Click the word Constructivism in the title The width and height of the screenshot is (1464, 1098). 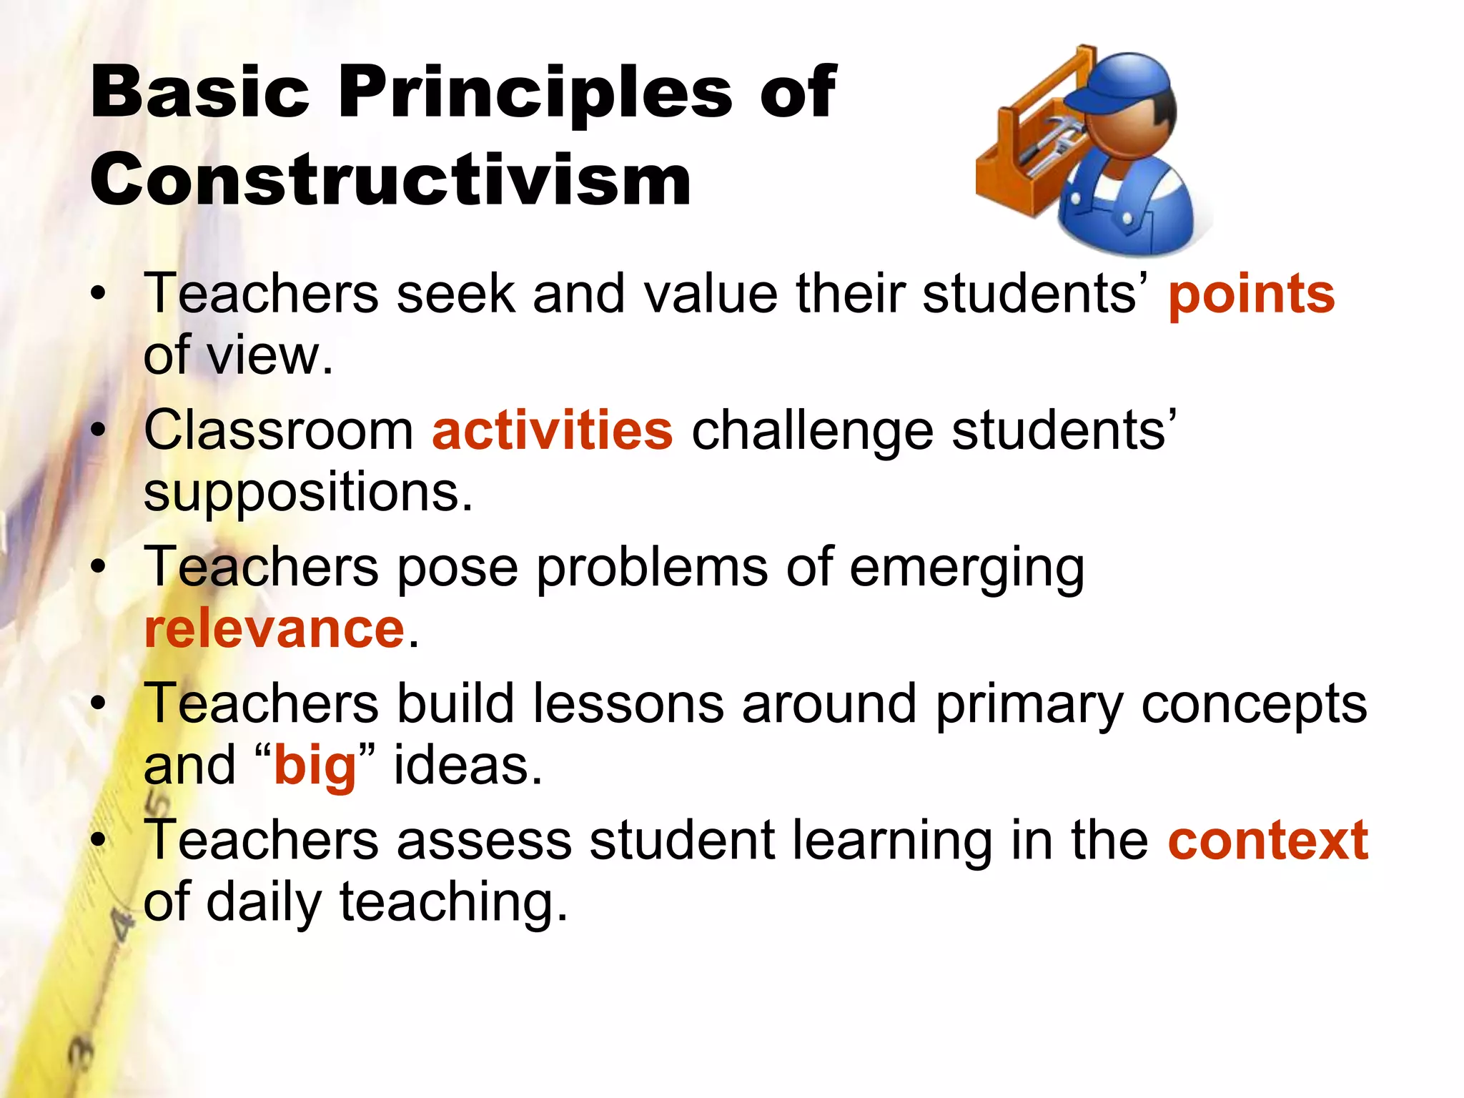[390, 179]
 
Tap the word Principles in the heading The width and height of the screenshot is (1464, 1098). [535, 92]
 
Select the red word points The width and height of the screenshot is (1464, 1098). [1251, 295]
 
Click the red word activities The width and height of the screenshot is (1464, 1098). [553, 430]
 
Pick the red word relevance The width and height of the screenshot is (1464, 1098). [274, 629]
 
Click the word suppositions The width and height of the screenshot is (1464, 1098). [307, 493]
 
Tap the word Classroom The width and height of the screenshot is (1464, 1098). [279, 430]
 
